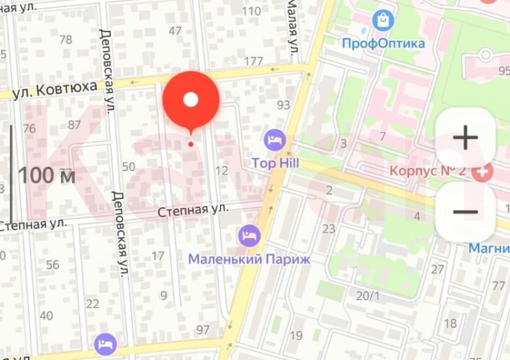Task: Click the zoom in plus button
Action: pos(465,138)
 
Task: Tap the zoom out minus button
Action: pos(465,212)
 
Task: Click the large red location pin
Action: pos(191,100)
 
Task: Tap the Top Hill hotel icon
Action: pos(274,140)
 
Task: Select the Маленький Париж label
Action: pos(249,259)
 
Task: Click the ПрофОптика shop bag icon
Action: pos(383,20)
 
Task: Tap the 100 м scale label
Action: pos(47,176)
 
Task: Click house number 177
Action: pos(253,61)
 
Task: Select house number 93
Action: pos(283,105)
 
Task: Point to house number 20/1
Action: pos(368,296)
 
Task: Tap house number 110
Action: pos(251,11)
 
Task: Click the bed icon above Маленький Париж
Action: pos(249,236)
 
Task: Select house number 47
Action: pos(175,31)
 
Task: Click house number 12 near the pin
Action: pos(222,170)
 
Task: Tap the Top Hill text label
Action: pos(275,163)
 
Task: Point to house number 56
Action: pos(52,265)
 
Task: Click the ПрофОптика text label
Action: pos(383,44)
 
